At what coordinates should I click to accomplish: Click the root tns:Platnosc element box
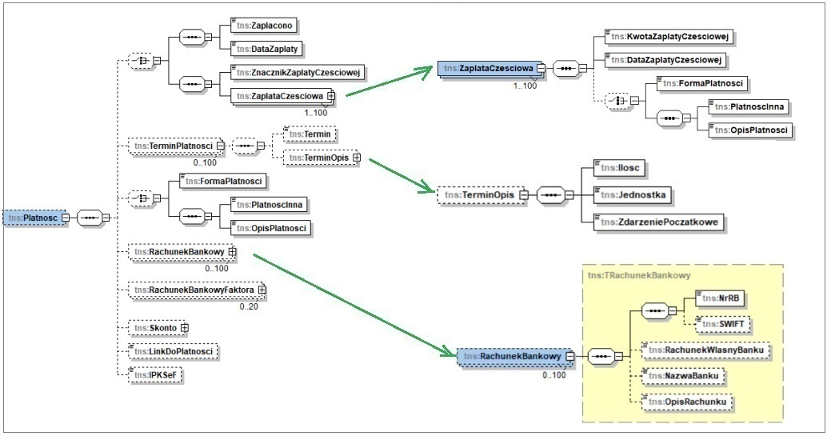point(31,217)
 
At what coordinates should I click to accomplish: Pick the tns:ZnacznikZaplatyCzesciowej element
point(297,72)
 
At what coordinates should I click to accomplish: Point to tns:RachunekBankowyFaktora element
point(191,290)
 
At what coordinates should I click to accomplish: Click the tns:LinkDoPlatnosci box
point(173,350)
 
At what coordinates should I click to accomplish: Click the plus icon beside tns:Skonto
point(184,327)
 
